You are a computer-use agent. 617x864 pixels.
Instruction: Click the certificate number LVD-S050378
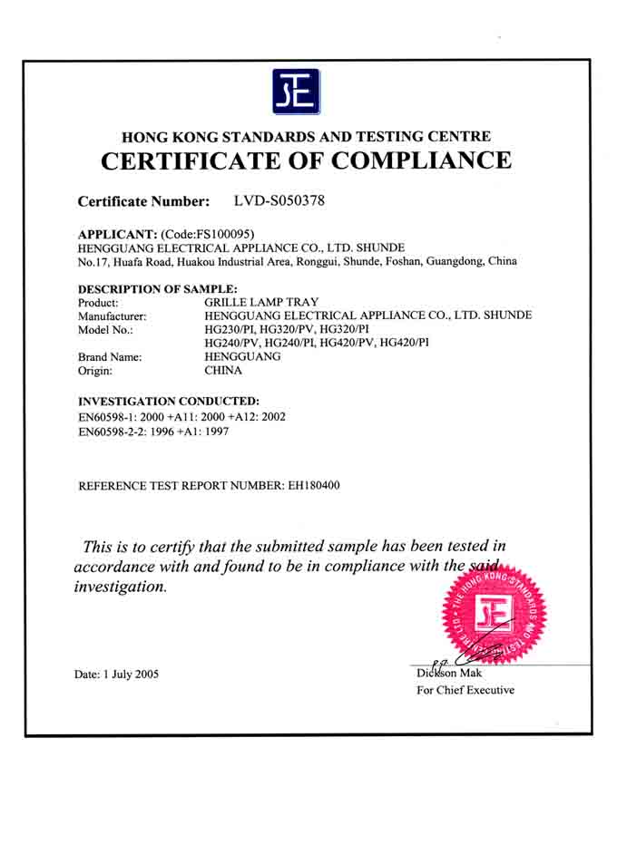click(x=279, y=199)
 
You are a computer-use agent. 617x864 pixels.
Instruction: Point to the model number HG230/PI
click(x=229, y=329)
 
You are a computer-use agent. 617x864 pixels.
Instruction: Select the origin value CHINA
click(x=224, y=371)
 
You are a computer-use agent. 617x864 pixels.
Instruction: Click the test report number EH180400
click(x=313, y=486)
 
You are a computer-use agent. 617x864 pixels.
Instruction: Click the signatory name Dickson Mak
click(x=450, y=674)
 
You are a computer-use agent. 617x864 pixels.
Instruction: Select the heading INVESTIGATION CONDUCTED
click(x=169, y=401)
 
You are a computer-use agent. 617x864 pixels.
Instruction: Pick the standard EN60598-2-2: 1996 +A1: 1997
click(x=153, y=432)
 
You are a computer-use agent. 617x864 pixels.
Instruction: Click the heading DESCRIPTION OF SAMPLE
click(x=158, y=288)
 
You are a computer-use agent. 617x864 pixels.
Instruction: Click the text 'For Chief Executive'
click(x=465, y=690)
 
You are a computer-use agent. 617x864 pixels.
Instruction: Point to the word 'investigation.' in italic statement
click(x=120, y=587)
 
